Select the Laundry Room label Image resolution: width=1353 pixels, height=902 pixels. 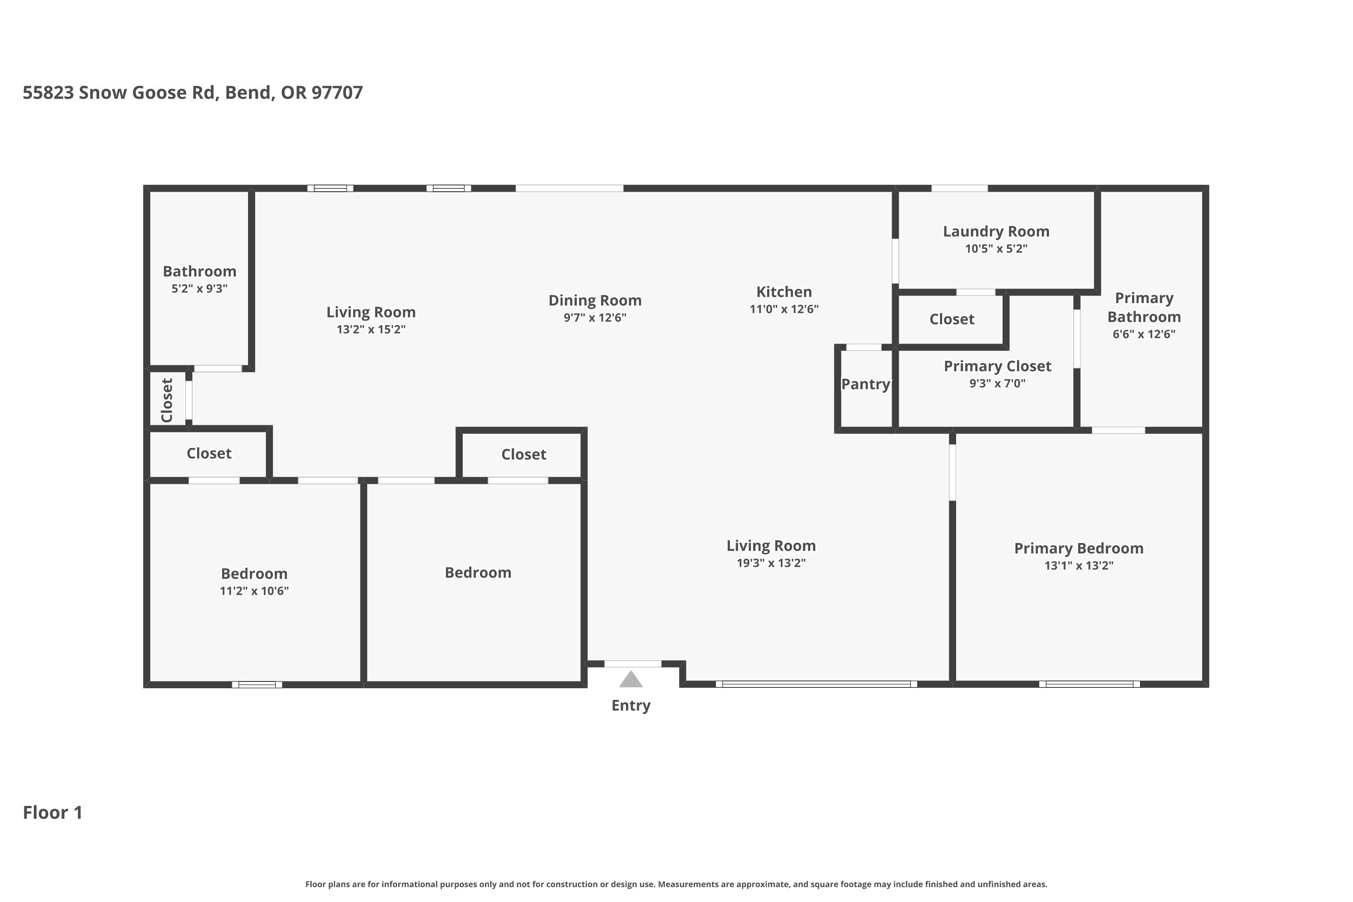coord(996,232)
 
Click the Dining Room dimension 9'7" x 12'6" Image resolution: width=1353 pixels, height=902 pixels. coord(595,318)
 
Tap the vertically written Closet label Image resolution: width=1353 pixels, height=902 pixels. coord(167,400)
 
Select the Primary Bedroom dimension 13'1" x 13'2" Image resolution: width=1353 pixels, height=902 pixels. coord(1079,566)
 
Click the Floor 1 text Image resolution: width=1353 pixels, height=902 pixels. coord(52,812)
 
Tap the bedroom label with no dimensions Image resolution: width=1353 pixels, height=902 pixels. coord(478,572)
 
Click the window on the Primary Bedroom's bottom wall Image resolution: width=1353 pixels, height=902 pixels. coord(1089,684)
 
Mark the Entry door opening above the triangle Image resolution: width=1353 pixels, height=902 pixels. coord(632,664)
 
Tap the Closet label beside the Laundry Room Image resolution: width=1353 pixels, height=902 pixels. coord(952,319)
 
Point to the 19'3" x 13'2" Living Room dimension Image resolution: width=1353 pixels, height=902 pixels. coord(771,563)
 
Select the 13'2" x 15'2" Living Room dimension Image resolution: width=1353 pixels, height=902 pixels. coord(371,330)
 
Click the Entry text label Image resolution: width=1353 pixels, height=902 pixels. coord(630,706)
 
